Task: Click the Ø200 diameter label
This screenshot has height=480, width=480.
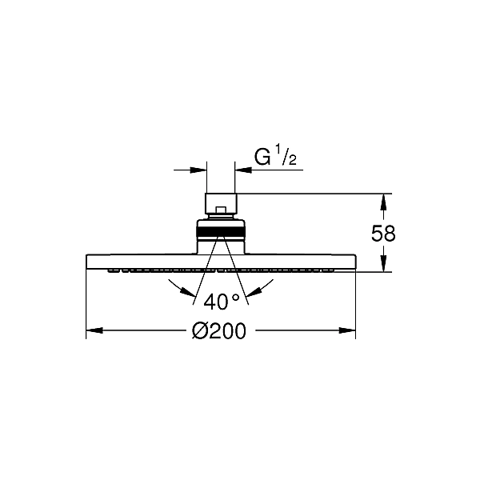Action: [219, 330]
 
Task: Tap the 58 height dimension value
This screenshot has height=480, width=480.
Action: [383, 234]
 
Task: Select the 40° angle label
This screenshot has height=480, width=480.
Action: [221, 302]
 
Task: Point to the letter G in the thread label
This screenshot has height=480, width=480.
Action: [262, 158]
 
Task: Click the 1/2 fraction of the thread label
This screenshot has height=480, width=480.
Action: [286, 155]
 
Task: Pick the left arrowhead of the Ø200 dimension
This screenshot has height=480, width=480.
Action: [94, 330]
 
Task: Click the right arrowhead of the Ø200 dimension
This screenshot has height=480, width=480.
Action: [347, 330]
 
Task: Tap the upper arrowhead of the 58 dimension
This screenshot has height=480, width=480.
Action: [382, 202]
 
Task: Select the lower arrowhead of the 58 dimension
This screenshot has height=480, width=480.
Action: [382, 263]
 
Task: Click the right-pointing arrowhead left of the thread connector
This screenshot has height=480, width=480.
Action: [198, 170]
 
